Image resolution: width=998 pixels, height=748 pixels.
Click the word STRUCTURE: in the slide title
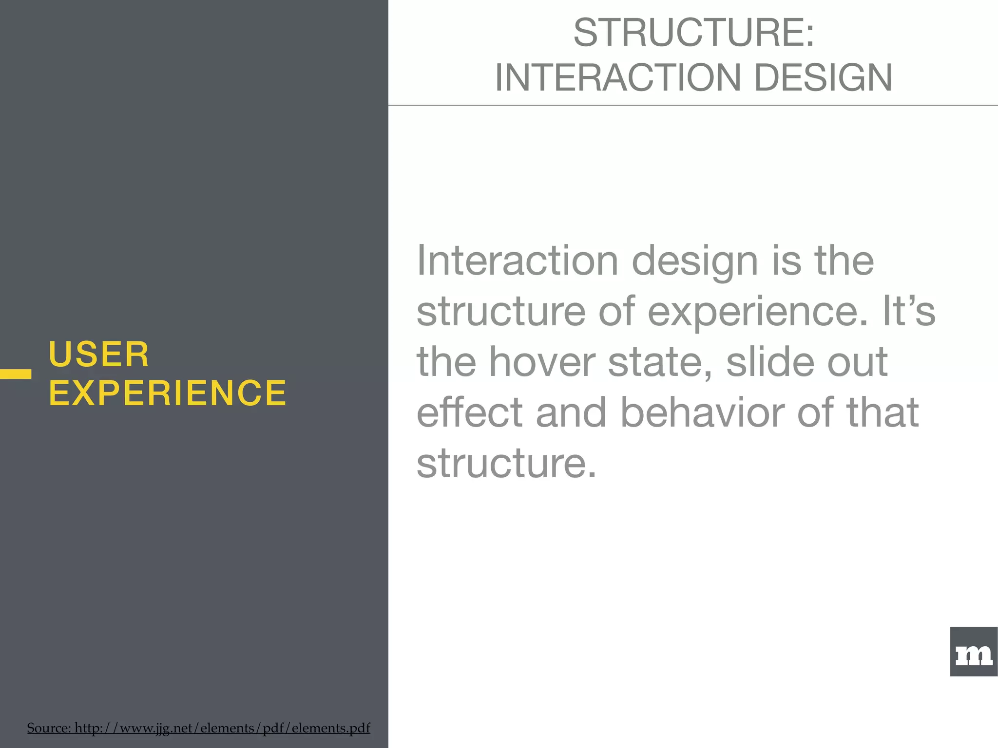693,33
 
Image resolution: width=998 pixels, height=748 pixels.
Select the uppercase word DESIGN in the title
823,77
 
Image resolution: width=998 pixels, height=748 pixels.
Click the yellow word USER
99,354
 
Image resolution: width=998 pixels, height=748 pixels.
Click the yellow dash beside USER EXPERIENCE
16,374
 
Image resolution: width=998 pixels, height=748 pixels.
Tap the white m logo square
974,652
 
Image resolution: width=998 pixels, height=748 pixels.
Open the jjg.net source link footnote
198,728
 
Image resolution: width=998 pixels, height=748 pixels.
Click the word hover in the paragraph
541,362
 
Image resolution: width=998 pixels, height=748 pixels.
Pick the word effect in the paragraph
469,412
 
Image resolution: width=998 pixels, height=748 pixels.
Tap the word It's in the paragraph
909,311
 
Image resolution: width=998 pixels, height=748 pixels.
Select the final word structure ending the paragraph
506,463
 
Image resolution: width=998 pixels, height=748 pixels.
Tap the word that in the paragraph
882,412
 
